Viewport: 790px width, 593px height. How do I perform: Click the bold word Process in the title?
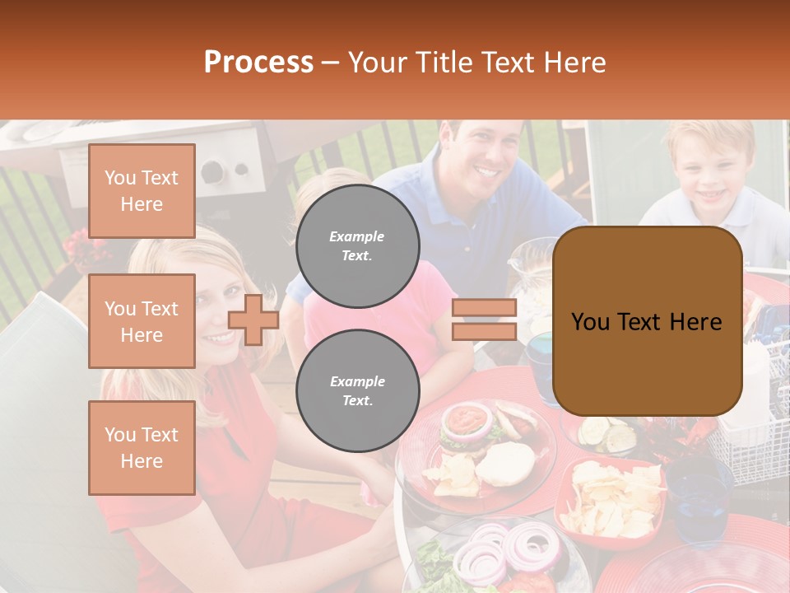click(258, 62)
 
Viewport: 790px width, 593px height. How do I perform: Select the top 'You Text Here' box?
click(142, 191)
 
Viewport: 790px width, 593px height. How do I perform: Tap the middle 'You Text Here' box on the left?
click(142, 321)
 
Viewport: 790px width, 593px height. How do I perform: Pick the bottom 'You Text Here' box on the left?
click(142, 448)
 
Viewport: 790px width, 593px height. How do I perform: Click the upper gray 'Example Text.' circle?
click(357, 245)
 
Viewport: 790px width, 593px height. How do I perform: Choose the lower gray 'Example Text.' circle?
click(357, 390)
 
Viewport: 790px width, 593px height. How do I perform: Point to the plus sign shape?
click(253, 320)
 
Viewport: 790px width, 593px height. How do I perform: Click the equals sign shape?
click(484, 320)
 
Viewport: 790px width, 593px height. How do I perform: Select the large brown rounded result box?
click(647, 321)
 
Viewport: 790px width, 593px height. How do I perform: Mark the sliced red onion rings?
click(502, 552)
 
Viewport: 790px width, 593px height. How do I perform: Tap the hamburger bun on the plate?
click(506, 464)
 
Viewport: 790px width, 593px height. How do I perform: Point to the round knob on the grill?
click(212, 171)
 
